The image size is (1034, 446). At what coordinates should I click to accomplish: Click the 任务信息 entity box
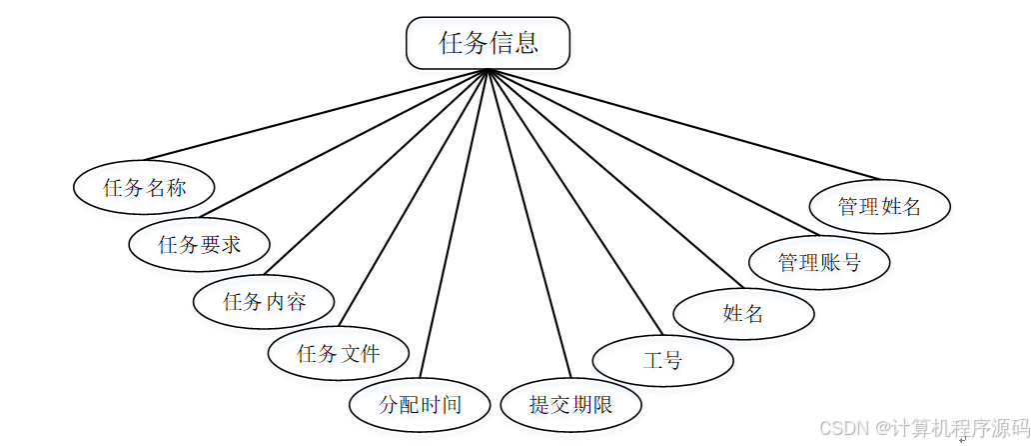coord(488,43)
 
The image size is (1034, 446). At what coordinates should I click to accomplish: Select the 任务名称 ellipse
coord(145,187)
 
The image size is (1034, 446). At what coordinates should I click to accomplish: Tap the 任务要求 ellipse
coord(200,243)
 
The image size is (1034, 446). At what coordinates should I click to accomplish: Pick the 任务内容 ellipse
coord(264,301)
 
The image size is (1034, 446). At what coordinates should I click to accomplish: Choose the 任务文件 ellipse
coord(339,353)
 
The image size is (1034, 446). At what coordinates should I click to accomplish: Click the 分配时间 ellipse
coord(420,405)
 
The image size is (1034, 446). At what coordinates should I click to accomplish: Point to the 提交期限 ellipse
coord(569,405)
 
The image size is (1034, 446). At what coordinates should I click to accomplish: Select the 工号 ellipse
coord(663,360)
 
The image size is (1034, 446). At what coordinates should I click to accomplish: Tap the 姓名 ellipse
coord(743,313)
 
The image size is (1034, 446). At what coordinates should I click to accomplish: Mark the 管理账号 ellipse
coord(819,263)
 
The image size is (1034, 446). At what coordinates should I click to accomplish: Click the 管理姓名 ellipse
coord(879,206)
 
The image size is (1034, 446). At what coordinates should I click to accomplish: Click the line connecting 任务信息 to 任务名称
coord(316,115)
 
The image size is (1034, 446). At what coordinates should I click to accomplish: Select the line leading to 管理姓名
coord(683,124)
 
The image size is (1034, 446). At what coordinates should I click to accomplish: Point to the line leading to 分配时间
coord(455,223)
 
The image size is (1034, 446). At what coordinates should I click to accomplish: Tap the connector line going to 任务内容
coord(376,172)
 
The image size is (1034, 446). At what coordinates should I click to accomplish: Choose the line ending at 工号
coord(574,202)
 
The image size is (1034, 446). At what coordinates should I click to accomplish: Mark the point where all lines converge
coord(488,71)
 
